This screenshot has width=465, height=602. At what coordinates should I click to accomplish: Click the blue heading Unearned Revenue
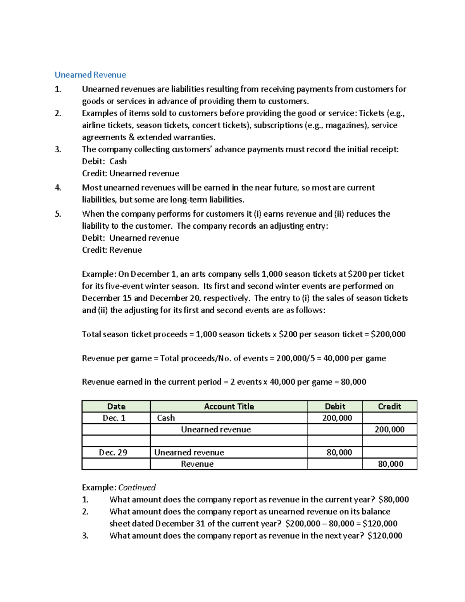pyautogui.click(x=90, y=75)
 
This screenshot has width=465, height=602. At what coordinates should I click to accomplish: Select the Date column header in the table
pyautogui.click(x=116, y=406)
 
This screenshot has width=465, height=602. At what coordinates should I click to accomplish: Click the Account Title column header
pyautogui.click(x=229, y=406)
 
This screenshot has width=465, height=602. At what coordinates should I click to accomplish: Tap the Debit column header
pyautogui.click(x=335, y=406)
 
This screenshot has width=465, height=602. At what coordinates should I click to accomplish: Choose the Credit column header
pyautogui.click(x=389, y=406)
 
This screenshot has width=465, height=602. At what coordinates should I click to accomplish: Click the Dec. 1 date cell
pyautogui.click(x=114, y=418)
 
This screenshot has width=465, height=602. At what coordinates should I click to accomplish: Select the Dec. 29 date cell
pyautogui.click(x=113, y=452)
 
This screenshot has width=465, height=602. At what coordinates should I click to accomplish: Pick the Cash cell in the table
pyautogui.click(x=166, y=418)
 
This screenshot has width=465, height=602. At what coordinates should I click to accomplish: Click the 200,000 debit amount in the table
pyautogui.click(x=337, y=418)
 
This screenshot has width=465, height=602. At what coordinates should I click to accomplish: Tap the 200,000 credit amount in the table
pyautogui.click(x=389, y=430)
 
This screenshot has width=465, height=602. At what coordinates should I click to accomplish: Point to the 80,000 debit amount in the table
pyautogui.click(x=339, y=452)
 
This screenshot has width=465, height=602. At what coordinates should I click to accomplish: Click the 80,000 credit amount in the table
pyautogui.click(x=391, y=464)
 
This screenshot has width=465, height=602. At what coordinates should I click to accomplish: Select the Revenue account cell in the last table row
pyautogui.click(x=197, y=464)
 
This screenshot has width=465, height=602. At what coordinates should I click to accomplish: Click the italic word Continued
pyautogui.click(x=137, y=487)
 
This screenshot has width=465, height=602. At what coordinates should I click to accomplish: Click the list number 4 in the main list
pyautogui.click(x=58, y=188)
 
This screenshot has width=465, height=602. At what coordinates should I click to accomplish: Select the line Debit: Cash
pyautogui.click(x=104, y=161)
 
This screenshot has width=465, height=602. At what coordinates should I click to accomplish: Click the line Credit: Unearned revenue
pyautogui.click(x=130, y=173)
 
